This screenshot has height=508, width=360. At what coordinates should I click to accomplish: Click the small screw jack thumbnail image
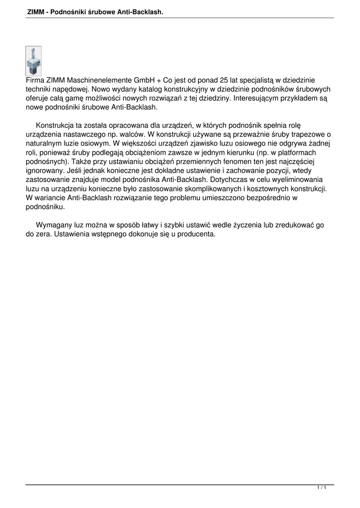click(x=33, y=61)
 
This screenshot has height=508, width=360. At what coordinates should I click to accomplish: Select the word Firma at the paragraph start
click(x=35, y=80)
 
